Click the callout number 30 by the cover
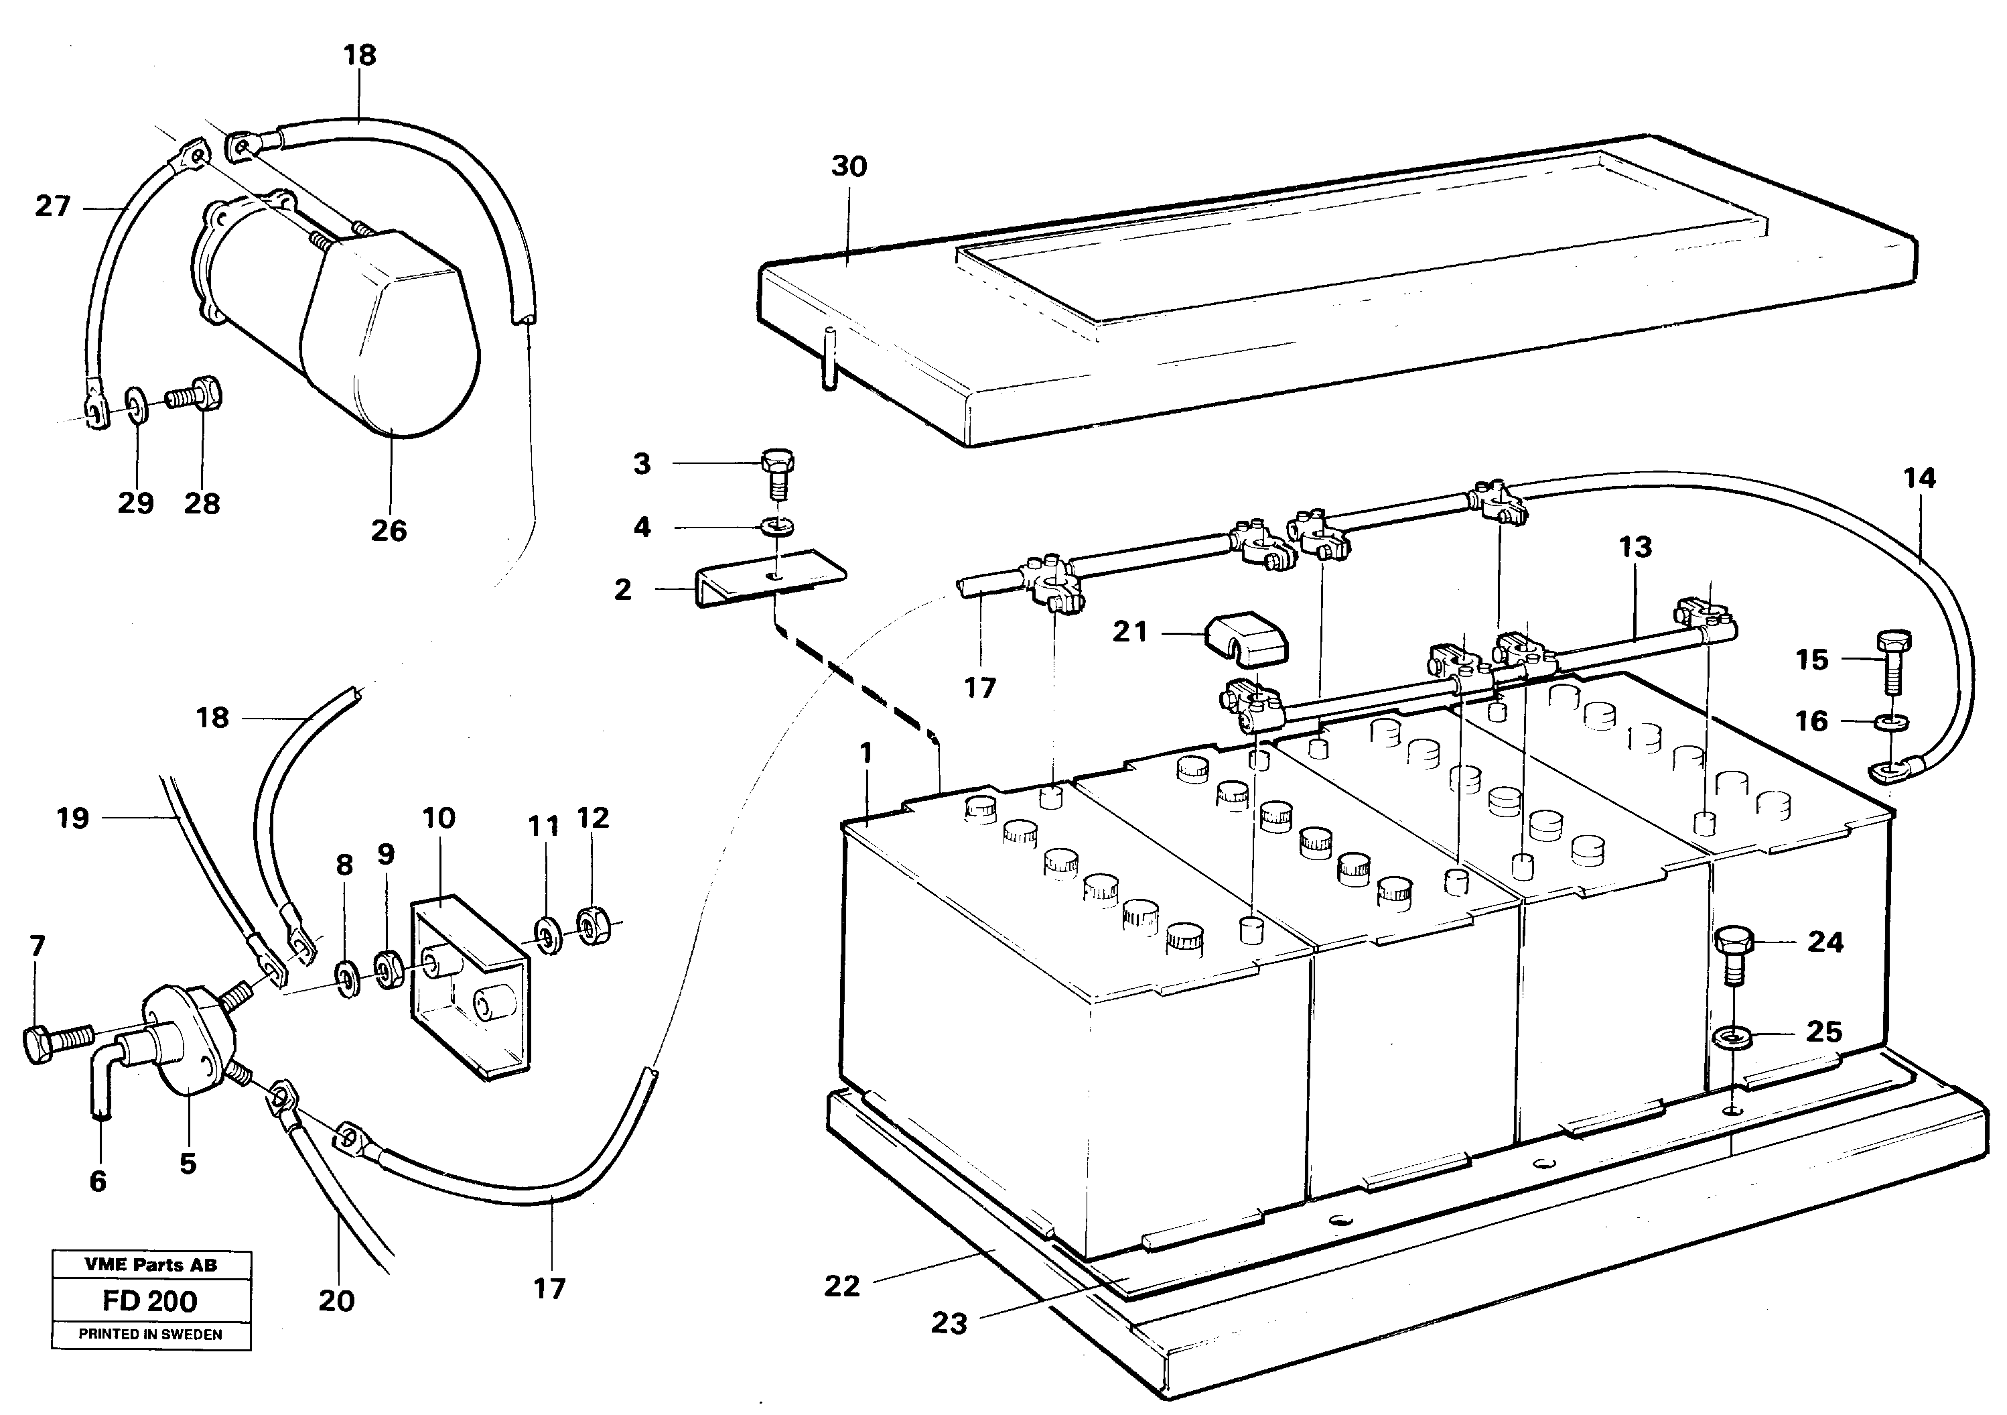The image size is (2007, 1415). [848, 166]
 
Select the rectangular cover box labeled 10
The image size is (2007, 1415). [470, 985]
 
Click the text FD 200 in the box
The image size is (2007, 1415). [149, 1300]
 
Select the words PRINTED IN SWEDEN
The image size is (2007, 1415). [149, 1335]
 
